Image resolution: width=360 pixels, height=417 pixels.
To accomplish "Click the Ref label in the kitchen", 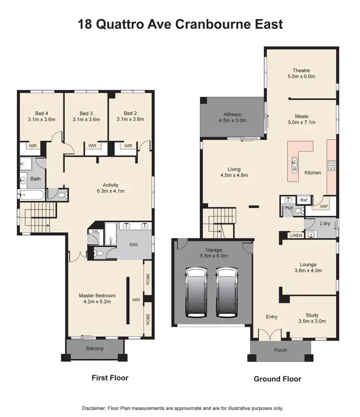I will (303, 200).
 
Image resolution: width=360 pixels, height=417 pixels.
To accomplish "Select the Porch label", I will (280, 350).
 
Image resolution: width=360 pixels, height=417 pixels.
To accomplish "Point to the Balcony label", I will (95, 349).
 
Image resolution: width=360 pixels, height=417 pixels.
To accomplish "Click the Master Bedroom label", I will (97, 296).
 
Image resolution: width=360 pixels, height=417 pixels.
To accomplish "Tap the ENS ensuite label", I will (134, 244).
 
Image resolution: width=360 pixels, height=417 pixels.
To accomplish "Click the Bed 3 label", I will (86, 113).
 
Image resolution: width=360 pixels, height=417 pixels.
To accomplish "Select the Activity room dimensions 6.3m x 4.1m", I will (110, 191).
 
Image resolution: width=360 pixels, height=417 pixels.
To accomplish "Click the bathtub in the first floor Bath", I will (32, 195).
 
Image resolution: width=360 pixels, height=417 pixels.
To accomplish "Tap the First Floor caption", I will (110, 378).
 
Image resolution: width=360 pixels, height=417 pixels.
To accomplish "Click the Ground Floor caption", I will (277, 379).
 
